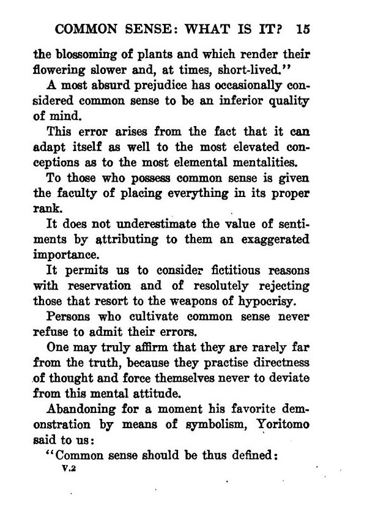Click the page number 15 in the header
(x=303, y=29)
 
